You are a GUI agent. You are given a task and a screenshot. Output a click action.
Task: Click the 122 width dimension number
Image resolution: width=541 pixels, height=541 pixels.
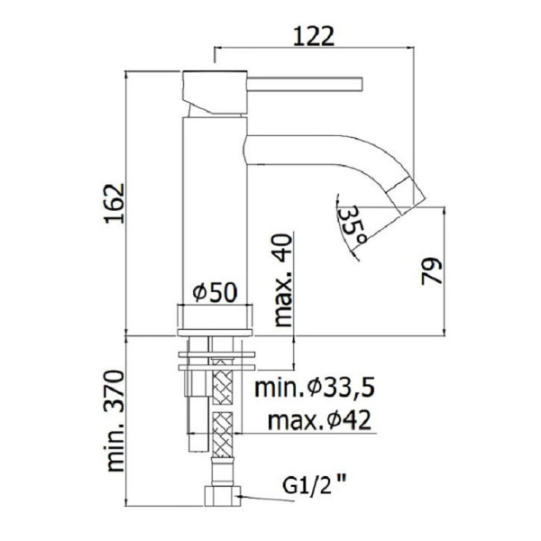[x=314, y=36]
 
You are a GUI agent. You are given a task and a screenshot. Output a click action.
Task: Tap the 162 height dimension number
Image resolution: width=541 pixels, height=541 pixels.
[x=115, y=204]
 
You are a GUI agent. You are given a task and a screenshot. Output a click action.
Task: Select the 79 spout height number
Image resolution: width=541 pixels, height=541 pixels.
[x=432, y=271]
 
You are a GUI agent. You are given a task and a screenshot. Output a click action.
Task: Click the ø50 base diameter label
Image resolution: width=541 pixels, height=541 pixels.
[x=215, y=292]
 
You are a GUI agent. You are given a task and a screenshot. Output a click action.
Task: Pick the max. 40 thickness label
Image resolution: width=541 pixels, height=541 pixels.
[x=282, y=280]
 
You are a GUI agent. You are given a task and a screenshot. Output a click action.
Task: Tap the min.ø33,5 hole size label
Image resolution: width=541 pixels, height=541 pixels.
[x=315, y=388]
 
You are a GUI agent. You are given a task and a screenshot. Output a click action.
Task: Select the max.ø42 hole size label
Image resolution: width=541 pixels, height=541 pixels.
[x=319, y=420]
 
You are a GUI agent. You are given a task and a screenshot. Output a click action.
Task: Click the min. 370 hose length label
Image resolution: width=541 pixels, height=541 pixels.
[x=115, y=421]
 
